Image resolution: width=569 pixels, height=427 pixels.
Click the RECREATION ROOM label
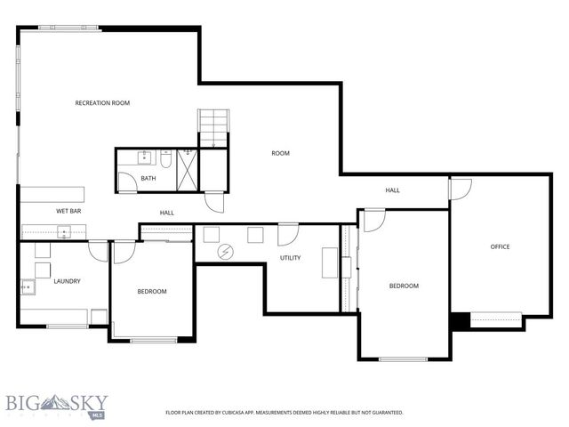click(102, 103)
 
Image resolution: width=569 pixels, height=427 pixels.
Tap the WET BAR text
click(68, 211)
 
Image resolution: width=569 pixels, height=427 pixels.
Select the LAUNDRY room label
click(67, 281)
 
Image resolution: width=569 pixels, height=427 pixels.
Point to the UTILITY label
click(291, 258)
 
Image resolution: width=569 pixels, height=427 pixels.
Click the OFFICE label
click(500, 246)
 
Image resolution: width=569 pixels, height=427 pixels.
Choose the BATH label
click(148, 179)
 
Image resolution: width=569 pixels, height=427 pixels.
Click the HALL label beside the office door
click(392, 190)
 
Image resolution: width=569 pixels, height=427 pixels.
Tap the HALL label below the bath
click(166, 213)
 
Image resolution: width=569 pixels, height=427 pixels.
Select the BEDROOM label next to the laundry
click(151, 291)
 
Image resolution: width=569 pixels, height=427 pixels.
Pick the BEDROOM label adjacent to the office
click(404, 286)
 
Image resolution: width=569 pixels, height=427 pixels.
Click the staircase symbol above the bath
click(213, 128)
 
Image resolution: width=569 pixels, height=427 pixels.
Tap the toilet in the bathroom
click(165, 160)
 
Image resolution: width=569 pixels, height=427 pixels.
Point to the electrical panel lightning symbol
click(226, 252)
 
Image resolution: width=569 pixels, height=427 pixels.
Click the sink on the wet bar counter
click(64, 232)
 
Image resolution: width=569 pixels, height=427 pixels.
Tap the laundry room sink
click(27, 286)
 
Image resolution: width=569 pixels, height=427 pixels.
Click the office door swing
click(460, 189)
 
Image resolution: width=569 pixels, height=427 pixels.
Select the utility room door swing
click(288, 235)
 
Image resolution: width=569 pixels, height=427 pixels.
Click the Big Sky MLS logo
click(53, 405)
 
